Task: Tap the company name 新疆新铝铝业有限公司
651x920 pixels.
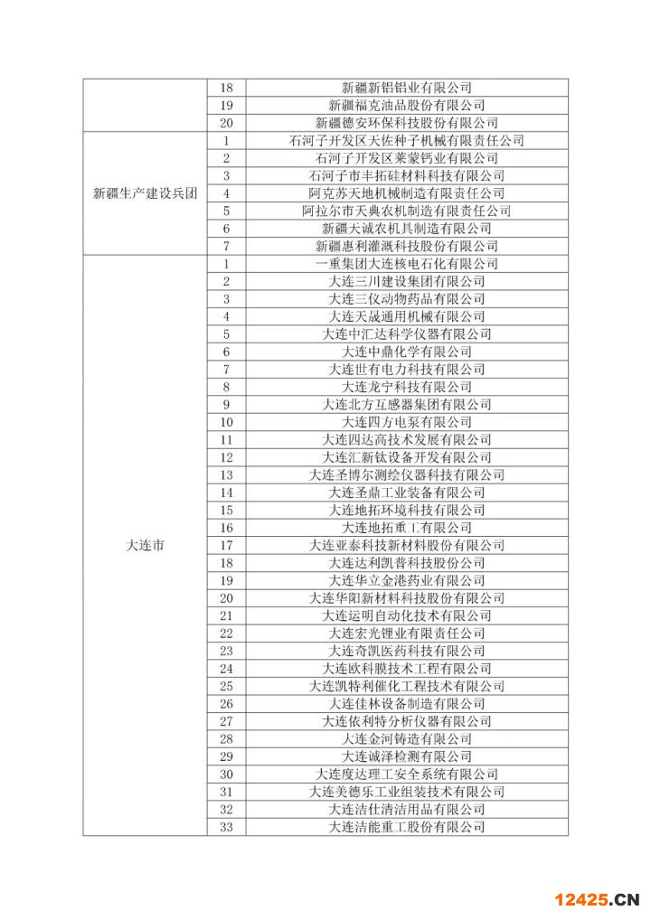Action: [x=407, y=88]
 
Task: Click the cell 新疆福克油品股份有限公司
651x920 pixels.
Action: [x=407, y=105]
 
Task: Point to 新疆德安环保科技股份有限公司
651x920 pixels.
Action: [x=407, y=123]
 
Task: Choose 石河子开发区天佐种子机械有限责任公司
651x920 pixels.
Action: [x=407, y=140]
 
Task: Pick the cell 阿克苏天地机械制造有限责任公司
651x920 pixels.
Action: [x=407, y=193]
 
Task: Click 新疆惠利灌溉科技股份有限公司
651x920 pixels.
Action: [x=407, y=246]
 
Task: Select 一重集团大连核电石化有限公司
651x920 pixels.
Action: [x=407, y=264]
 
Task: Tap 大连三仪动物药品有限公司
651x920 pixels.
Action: [x=407, y=299]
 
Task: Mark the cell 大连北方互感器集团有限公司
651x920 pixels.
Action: [x=407, y=404]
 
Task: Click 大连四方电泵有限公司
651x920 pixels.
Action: [x=407, y=422]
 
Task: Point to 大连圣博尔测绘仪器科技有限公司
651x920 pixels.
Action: [x=407, y=474]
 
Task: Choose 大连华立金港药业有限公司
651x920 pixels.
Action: [x=407, y=580]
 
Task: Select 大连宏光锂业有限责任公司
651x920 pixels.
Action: [x=407, y=634]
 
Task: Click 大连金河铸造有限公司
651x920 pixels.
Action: [x=407, y=738]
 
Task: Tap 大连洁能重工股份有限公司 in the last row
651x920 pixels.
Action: [x=407, y=827]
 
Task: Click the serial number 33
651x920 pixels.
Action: [x=226, y=827]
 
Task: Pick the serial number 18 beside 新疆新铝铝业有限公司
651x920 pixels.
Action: [x=226, y=88]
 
